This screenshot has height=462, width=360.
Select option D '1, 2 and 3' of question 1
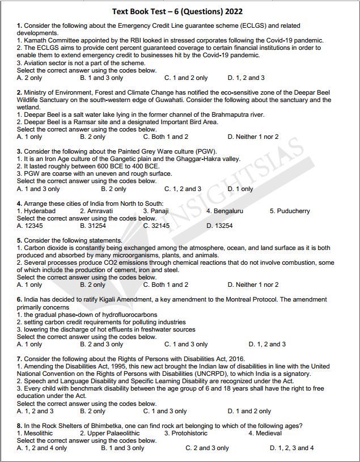click(245, 78)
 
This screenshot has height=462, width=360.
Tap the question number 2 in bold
click(19, 92)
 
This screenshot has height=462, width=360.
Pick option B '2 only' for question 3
click(113, 189)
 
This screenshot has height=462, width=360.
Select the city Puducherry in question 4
click(294, 211)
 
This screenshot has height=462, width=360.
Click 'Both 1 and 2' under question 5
click(166, 285)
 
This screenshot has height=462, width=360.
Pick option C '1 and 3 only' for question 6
click(186, 344)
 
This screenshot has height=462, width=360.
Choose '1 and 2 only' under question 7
click(249, 411)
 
